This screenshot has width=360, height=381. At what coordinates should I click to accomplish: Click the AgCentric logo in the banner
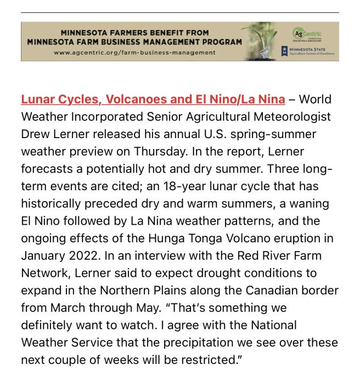pos(308,34)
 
